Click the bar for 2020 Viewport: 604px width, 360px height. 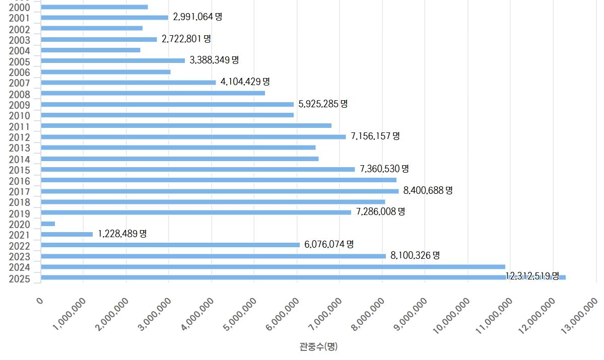48,224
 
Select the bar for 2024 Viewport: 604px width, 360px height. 273,266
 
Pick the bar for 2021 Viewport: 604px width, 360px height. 66,234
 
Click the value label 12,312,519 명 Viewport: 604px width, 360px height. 532,276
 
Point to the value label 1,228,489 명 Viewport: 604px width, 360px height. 122,234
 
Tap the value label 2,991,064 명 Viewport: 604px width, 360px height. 197,17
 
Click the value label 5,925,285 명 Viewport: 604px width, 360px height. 323,104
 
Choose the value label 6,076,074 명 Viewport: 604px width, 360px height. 329,244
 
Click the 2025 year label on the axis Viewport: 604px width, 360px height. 19,279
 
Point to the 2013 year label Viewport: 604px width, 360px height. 19,148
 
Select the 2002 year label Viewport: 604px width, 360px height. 19,29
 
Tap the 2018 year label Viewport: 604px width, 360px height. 19,202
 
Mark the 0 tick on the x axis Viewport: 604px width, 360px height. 40,301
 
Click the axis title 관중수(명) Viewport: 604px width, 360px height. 318,346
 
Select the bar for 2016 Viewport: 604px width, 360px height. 218,180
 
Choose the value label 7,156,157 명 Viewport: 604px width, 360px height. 375,136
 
